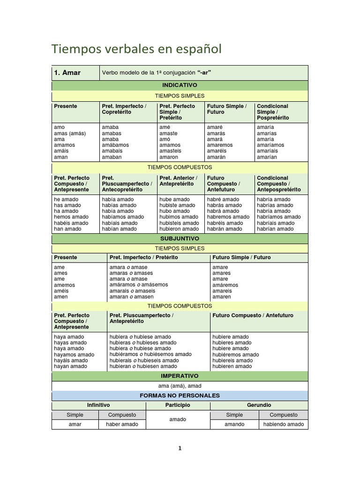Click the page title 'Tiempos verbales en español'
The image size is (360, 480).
[136, 49]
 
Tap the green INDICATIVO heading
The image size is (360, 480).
[180, 85]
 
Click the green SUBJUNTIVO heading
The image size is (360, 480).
[180, 239]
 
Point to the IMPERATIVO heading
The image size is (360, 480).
[180, 376]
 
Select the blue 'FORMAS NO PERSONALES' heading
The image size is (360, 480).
[180, 396]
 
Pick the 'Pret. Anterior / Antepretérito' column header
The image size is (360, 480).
[179, 181]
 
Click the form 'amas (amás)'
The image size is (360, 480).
[69, 133]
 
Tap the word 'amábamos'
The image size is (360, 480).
[115, 145]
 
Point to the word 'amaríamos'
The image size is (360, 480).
[270, 145]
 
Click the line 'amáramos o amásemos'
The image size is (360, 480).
[138, 285]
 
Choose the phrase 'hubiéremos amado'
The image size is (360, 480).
[235, 355]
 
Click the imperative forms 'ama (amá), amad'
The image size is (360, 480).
[180, 386]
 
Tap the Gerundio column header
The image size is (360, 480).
[259, 405]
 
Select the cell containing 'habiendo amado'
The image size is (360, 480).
[284, 424]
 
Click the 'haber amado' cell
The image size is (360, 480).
[122, 424]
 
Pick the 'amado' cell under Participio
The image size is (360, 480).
[178, 420]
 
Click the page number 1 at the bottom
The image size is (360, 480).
[180, 448]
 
